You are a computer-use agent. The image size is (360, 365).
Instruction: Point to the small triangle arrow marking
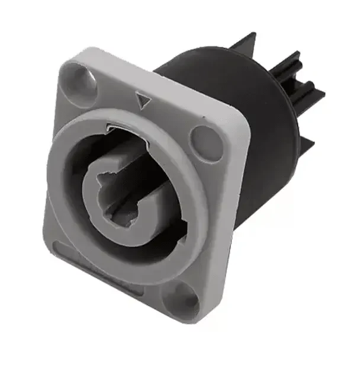[x=142, y=101]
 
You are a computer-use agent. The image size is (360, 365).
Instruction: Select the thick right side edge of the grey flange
[x=237, y=196]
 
